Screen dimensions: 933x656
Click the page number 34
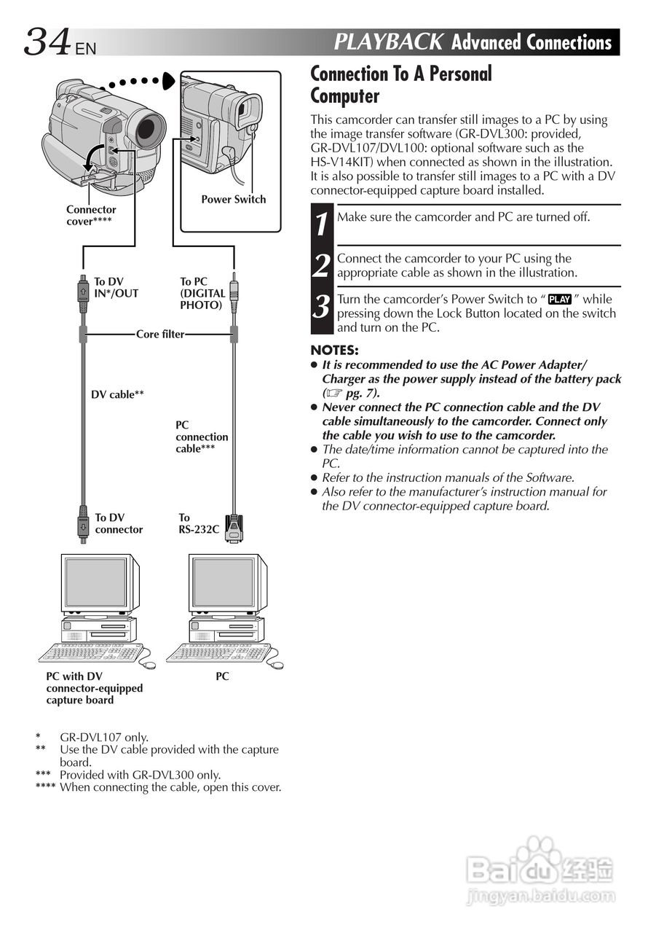[x=47, y=42]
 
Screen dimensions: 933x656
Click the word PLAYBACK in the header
[x=388, y=42]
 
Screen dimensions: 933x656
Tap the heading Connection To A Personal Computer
[x=400, y=85]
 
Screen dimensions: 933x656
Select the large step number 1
[x=321, y=222]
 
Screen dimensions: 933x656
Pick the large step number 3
[x=321, y=306]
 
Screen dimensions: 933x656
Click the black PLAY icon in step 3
[x=560, y=300]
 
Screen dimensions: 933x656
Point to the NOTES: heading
[x=334, y=351]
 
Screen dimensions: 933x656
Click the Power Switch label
[x=233, y=199]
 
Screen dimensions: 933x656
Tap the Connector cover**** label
[x=90, y=215]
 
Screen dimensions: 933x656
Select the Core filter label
[x=159, y=335]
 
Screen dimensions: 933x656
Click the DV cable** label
[x=116, y=395]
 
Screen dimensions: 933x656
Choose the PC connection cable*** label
[x=201, y=437]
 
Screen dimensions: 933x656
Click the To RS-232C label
[x=198, y=523]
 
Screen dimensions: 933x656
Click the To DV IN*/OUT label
[x=115, y=287]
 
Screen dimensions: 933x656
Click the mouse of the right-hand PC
[x=277, y=665]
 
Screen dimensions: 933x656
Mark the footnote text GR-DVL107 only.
[x=103, y=737]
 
